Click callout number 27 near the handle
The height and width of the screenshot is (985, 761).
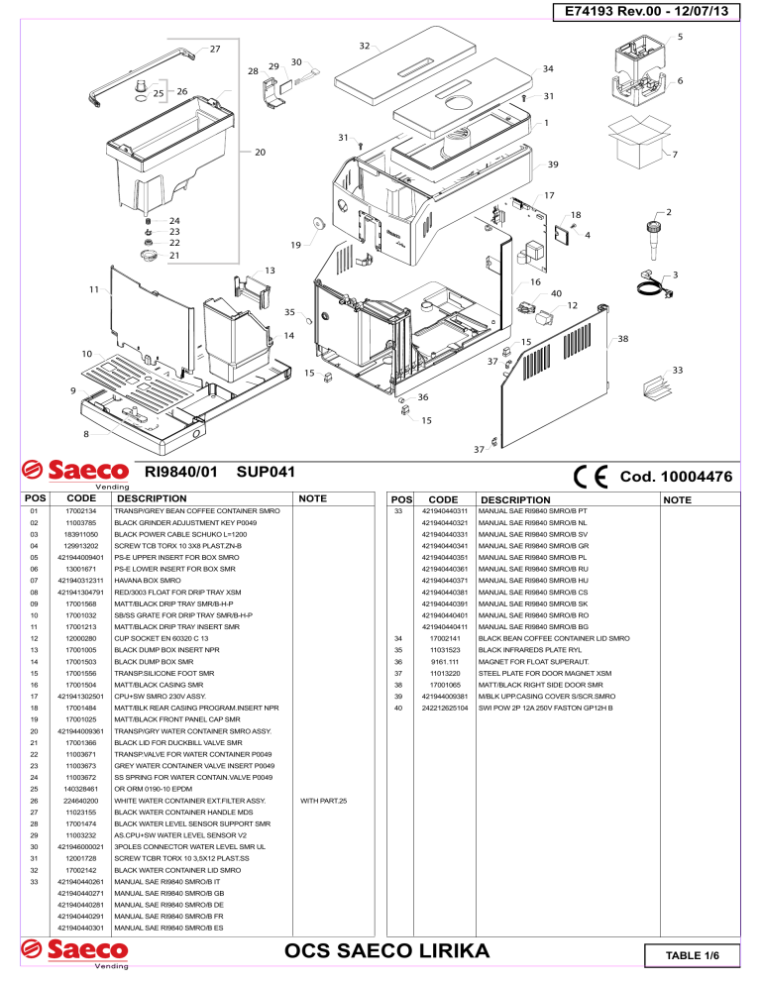tap(215, 49)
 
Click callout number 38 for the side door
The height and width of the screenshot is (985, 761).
tap(622, 339)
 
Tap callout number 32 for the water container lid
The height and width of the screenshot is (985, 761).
tap(364, 46)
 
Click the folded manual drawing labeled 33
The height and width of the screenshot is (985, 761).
tap(655, 388)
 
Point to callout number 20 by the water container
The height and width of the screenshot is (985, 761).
tap(260, 152)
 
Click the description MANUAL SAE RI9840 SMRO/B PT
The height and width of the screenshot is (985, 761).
tap(534, 509)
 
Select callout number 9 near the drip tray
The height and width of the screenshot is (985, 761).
tap(72, 390)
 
